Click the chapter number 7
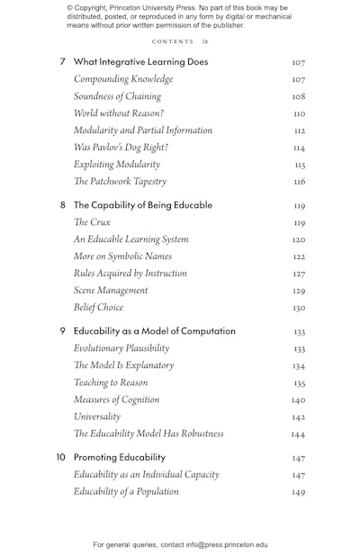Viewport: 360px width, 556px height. click(x=62, y=62)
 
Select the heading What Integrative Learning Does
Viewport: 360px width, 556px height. click(x=140, y=62)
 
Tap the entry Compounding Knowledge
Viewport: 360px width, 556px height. click(x=123, y=79)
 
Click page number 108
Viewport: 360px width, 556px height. click(x=299, y=96)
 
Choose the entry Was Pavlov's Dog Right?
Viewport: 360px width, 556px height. click(x=121, y=148)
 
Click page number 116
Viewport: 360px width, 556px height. click(x=300, y=182)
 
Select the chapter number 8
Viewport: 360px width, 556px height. click(x=62, y=205)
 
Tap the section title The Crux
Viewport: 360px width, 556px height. click(x=92, y=222)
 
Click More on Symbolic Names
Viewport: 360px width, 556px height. click(x=122, y=256)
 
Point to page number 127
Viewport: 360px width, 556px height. click(x=299, y=274)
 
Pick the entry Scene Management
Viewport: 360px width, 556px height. click(x=111, y=291)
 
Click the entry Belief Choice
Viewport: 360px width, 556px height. click(x=98, y=308)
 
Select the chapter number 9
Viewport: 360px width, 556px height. click(x=62, y=331)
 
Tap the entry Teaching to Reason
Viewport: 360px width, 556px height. click(x=111, y=382)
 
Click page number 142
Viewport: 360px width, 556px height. click(x=299, y=417)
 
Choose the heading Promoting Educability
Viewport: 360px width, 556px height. click(x=120, y=457)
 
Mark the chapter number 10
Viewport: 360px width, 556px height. click(x=60, y=457)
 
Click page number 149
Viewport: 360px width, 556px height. click(x=299, y=492)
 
